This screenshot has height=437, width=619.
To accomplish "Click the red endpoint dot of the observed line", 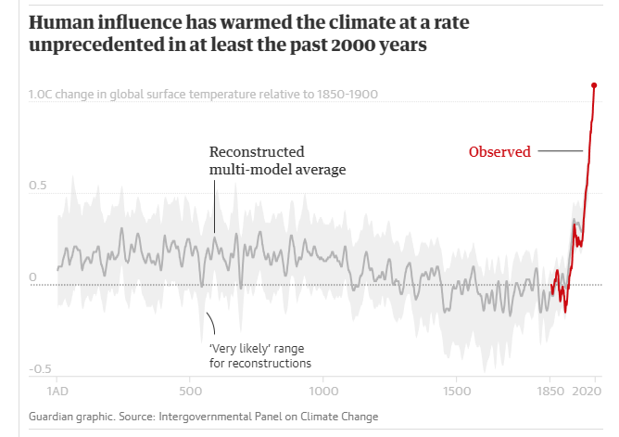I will [x=594, y=85].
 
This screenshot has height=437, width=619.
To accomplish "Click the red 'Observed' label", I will [x=499, y=152].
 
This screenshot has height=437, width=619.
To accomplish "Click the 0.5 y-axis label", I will [x=37, y=186].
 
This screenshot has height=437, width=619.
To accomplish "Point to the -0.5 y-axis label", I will [x=39, y=369].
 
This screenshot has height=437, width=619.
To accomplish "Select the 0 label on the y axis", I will [x=32, y=277].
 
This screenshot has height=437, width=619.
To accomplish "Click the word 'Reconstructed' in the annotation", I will [x=257, y=152].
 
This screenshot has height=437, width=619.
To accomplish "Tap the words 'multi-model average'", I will [x=277, y=170].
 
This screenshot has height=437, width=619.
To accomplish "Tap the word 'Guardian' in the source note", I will [x=54, y=417].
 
